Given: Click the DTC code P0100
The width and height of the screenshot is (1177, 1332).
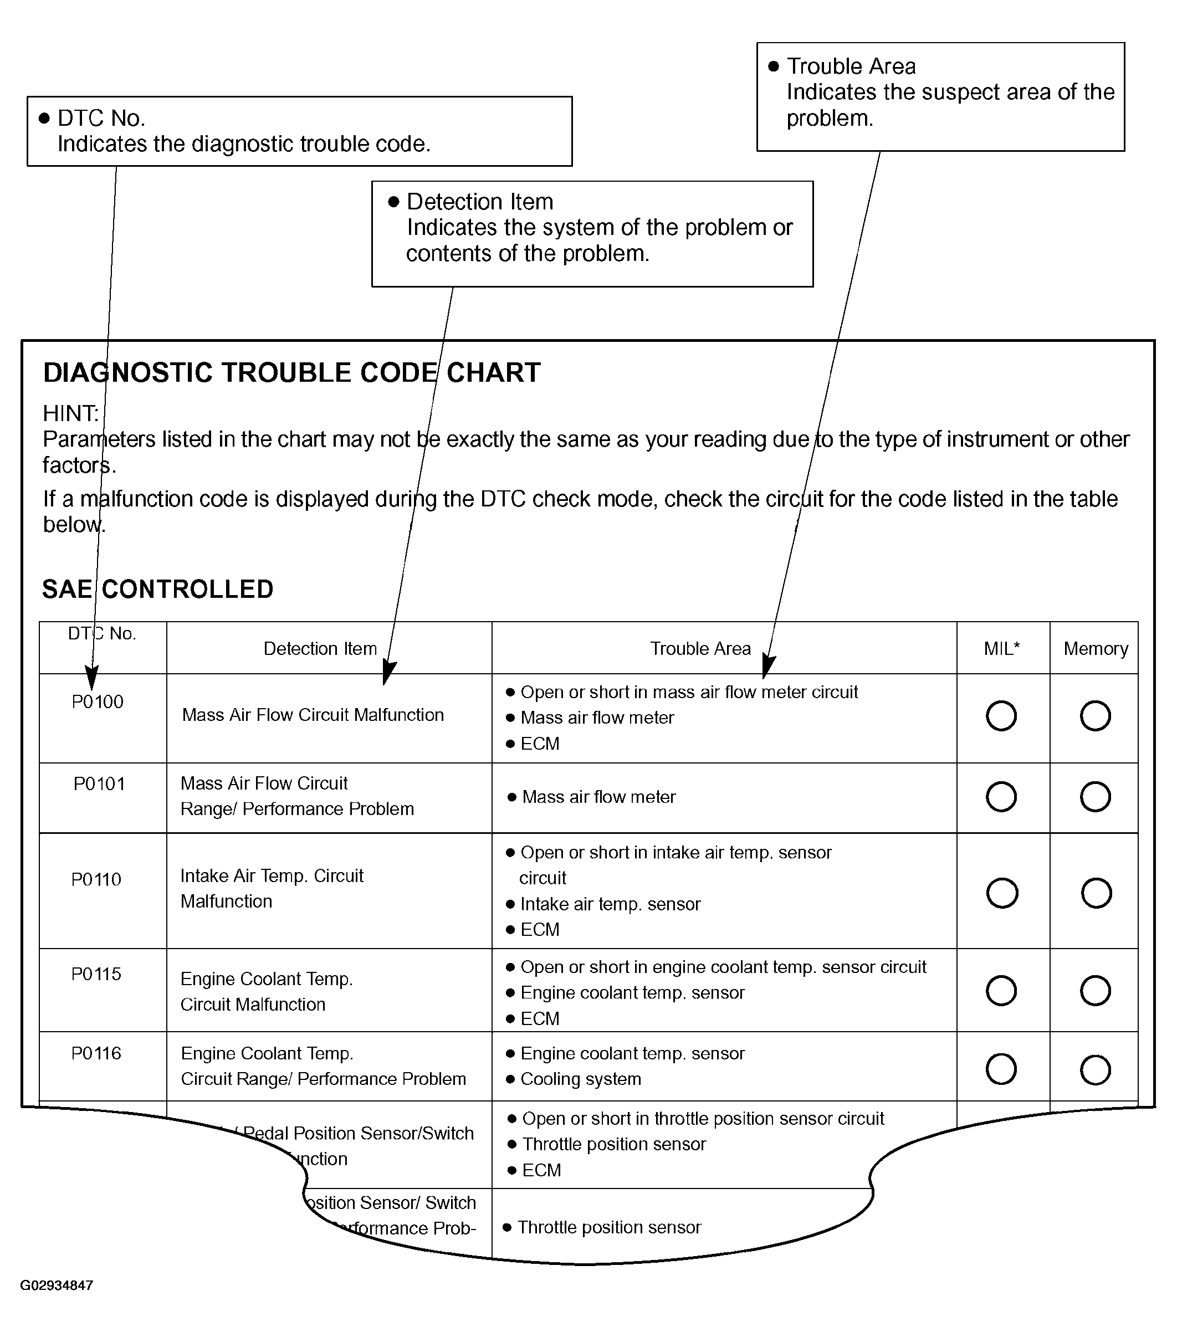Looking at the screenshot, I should point(97,702).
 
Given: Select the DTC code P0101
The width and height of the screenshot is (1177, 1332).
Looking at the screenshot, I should point(99,783).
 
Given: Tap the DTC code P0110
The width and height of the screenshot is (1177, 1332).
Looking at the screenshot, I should point(96,879).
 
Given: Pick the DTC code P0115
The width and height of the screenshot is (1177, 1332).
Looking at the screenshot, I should point(96,974).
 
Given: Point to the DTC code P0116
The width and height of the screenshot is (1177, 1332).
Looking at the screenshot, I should point(96,1053).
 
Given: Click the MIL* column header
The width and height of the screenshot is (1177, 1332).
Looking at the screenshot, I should point(1002,648).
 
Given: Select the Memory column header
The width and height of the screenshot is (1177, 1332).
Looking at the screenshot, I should point(1096,648).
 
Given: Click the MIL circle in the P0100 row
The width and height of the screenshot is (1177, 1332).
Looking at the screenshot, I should point(1001,715).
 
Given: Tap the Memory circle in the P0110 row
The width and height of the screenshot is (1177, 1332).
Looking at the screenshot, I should point(1096,893).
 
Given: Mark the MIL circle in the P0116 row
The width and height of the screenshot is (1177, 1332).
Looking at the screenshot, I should point(1001,1069).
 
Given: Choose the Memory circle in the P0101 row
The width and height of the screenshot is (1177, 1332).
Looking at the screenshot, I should point(1095,796).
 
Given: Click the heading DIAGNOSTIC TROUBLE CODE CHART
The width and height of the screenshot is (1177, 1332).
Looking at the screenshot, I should point(292,373).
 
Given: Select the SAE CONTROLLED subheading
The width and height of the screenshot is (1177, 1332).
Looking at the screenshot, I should point(158,589).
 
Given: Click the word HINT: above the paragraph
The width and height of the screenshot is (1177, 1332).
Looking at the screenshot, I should point(70,413).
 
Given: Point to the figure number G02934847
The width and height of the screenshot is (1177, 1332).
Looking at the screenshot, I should point(57,1285).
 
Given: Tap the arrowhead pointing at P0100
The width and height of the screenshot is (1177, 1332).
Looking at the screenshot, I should point(92,678).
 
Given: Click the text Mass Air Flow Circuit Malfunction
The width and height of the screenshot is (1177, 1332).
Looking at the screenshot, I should point(313,715).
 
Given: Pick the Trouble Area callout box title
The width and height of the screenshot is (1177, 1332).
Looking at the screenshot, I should point(851,66).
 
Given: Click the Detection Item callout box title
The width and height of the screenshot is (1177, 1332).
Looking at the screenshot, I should point(480,202).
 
